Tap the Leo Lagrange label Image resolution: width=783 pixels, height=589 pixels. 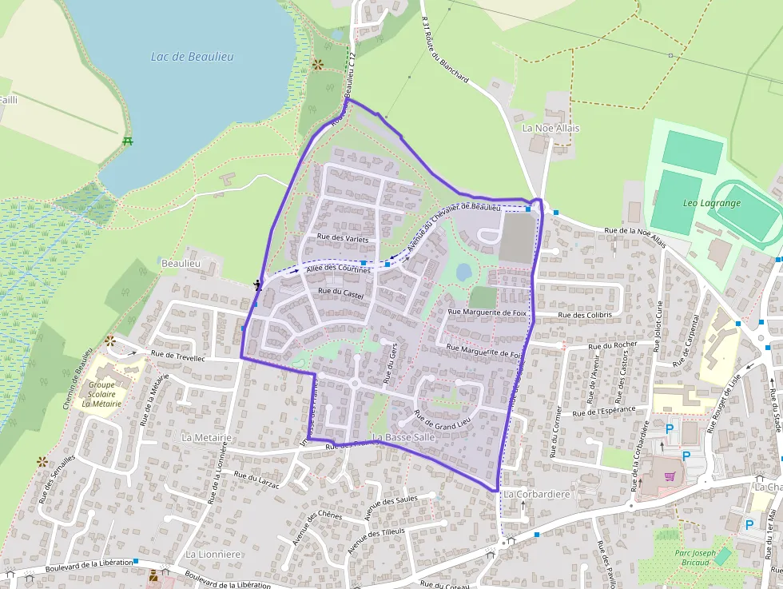[712, 203]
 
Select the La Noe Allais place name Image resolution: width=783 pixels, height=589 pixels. [551, 128]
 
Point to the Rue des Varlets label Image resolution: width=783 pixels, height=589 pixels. [343, 237]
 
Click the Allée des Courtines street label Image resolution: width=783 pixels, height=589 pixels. [339, 270]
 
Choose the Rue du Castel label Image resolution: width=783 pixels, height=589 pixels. [340, 293]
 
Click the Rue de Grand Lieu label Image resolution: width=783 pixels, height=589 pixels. [442, 420]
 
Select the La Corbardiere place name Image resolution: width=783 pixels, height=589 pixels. [537, 495]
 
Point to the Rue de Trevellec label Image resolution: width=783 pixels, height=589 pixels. [177, 356]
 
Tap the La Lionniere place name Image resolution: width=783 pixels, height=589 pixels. [213, 554]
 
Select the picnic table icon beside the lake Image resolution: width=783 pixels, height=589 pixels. [128, 141]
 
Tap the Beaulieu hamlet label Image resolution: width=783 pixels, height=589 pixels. [180, 262]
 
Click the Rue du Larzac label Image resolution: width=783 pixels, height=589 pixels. [256, 479]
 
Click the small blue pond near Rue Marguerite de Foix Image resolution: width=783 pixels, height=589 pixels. [463, 273]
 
